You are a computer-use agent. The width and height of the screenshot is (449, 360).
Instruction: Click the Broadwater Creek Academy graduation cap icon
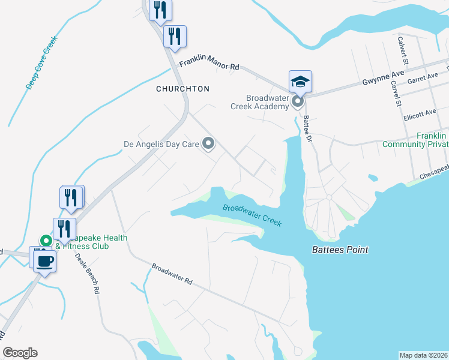coord(301,82)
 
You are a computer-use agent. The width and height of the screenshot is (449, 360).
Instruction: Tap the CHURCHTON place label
coord(182,89)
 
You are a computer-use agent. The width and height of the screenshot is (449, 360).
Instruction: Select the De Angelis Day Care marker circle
coord(208,143)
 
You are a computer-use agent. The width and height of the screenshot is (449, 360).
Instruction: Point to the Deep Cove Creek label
coord(42,63)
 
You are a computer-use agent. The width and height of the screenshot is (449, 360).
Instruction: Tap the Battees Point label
coord(340,250)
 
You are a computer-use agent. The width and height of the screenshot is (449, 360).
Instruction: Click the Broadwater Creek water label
coord(252,215)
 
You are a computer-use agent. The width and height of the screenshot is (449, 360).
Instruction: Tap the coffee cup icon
coord(43,261)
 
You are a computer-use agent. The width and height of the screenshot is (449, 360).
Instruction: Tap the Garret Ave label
coord(423,77)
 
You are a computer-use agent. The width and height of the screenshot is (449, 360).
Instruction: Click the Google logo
coord(20,353)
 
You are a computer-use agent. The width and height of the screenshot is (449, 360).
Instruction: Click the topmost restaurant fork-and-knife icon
coord(160,9)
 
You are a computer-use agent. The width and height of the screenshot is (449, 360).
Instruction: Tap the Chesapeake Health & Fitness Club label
coord(91,242)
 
